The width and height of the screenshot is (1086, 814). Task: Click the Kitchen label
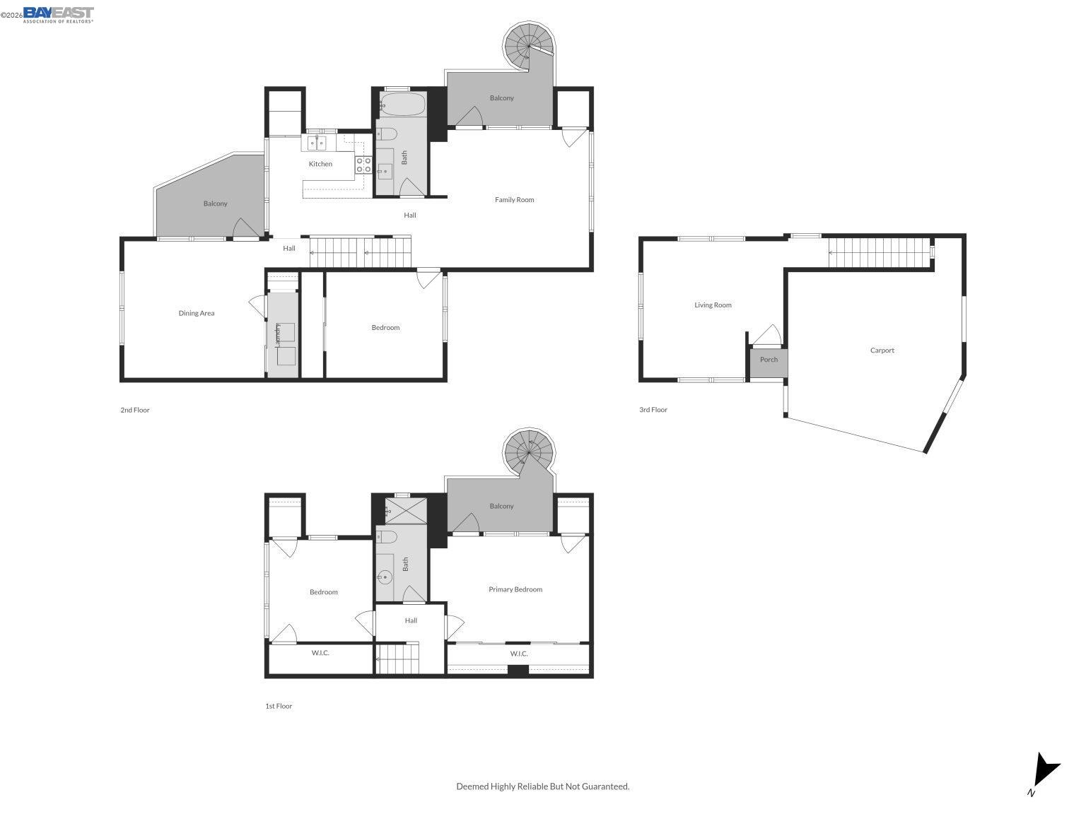[320, 164]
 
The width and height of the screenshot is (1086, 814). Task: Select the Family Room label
[514, 200]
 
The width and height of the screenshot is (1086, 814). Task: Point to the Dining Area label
[197, 313]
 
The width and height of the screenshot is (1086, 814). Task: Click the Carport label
[882, 350]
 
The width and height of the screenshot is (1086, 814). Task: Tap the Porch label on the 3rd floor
[769, 360]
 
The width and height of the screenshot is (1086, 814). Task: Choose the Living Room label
[713, 305]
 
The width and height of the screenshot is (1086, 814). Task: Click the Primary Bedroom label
[515, 589]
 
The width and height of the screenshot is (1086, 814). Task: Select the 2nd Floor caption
[135, 410]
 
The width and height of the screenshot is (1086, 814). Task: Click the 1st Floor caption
[279, 706]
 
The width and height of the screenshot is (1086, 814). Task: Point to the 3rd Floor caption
[653, 410]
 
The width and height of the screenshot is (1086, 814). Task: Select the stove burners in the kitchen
[363, 165]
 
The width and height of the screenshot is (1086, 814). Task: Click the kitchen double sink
[316, 145]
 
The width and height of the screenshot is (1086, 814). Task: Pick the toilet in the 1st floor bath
[387, 538]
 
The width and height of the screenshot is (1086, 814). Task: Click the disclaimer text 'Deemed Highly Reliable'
[542, 786]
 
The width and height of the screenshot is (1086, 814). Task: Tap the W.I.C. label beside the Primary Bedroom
[519, 654]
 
